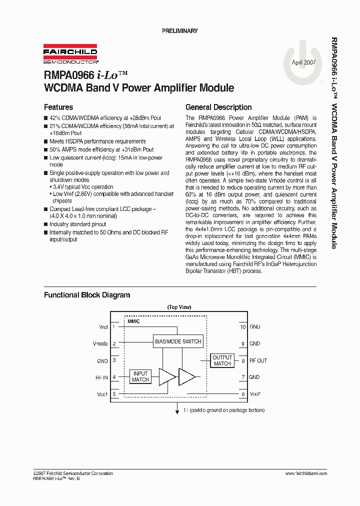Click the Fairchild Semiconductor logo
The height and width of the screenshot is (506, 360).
[x=70, y=54]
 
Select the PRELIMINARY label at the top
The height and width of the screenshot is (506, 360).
[x=180, y=31]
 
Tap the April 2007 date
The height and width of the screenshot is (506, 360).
[x=303, y=62]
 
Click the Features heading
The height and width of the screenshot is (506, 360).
[x=58, y=107]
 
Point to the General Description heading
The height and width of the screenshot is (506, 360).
[x=218, y=107]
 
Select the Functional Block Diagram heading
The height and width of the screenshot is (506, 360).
[x=87, y=295]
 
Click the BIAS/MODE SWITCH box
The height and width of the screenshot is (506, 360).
[x=178, y=341]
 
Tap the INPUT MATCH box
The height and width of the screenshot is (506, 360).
[x=140, y=376]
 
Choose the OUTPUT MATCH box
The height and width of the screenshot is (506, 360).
[x=222, y=360]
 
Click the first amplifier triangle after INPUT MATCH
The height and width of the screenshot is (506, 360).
[x=166, y=376]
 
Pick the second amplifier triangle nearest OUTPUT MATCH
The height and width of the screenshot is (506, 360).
[x=186, y=376]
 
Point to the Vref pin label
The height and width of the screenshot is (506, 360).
[x=103, y=327]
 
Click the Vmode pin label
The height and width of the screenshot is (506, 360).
[x=100, y=344]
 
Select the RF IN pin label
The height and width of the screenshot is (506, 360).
[x=101, y=377]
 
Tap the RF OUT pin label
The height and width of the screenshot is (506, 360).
[x=258, y=360]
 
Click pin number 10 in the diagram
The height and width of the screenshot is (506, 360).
[x=242, y=327]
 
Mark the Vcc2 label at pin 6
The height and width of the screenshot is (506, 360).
[x=255, y=394]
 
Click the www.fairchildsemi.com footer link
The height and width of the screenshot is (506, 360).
[x=306, y=473]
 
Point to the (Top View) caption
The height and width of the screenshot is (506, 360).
[x=179, y=307]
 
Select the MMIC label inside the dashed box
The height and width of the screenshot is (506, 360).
[x=133, y=322]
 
